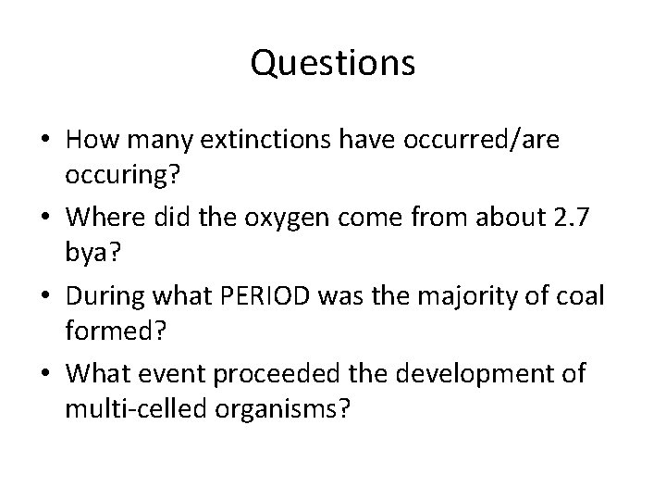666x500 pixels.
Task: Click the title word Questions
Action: pyautogui.click(x=332, y=64)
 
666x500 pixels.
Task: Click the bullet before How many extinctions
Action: pyautogui.click(x=45, y=141)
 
